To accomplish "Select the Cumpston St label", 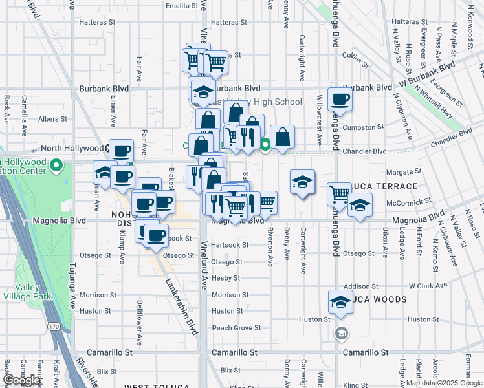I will (x=359, y=127).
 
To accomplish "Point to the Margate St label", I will (x=404, y=172).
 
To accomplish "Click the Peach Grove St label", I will (x=236, y=328).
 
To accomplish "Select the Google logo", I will (x=21, y=380).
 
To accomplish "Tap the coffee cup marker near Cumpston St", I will (x=340, y=100).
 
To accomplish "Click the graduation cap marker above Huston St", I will (x=340, y=303).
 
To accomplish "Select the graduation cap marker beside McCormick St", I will (x=360, y=206).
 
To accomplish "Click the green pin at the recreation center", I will (x=56, y=166).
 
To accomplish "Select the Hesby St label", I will (x=227, y=278).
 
